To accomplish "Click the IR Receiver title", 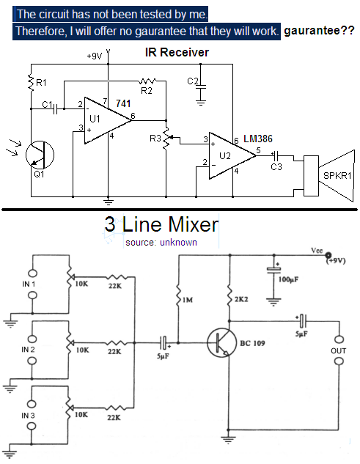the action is pos(177,52).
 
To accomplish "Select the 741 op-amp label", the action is pos(123,103).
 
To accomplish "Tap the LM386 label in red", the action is pos(258,139).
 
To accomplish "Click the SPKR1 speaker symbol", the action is pos(329,176).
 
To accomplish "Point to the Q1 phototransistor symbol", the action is pos(40,155).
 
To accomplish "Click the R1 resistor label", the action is pos(41,83).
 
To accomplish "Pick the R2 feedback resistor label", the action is pos(147,91).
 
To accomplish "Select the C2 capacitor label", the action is pos(193,81).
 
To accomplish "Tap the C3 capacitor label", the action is pos(276,167).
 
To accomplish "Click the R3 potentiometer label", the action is pos(155,139).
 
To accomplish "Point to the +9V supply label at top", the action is pos(95,56).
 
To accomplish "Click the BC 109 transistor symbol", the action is pos(221,342).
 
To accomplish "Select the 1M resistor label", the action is pos(188,300).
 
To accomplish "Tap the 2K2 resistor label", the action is pos(241,300).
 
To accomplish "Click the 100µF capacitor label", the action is pos(288,279).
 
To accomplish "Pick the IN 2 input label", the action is pos(28,350).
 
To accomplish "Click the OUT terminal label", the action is pos(339,351).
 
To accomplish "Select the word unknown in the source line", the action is pos(178,243).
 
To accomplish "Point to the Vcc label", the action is pos(317,251).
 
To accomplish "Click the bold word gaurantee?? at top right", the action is pos(319,31).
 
